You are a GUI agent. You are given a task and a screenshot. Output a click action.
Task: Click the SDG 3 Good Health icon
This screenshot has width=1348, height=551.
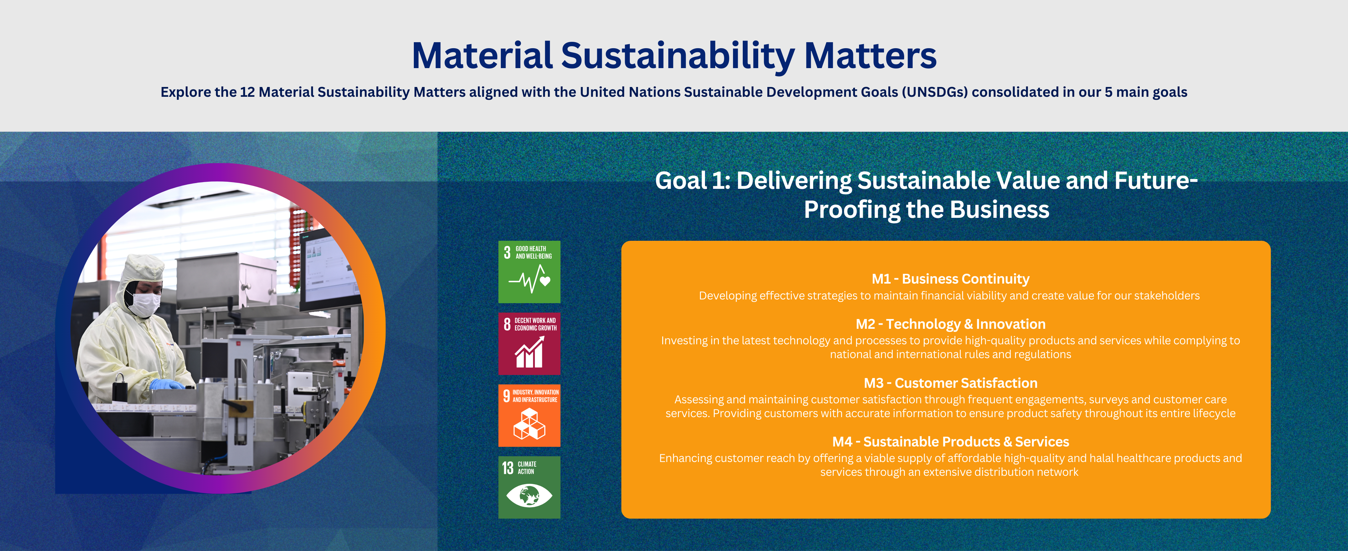529,272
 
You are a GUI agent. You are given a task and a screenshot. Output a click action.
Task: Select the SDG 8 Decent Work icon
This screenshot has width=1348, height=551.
529,344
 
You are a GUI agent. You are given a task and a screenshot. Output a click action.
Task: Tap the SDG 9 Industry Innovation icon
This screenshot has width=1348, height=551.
529,415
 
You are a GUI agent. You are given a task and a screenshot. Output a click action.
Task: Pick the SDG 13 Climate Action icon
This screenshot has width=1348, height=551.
529,487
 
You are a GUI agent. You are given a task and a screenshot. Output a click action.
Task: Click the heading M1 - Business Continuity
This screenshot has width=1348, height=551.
950,279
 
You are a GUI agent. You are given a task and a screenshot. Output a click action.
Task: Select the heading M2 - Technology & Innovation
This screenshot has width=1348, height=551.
950,324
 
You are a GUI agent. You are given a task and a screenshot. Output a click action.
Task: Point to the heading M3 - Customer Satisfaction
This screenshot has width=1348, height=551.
950,383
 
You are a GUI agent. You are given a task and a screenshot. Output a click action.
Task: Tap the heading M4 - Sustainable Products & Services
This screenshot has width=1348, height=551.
950,441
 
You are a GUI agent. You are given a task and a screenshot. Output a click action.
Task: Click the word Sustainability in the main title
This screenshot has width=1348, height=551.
678,57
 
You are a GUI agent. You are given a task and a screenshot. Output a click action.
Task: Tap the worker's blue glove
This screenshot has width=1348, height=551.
166,384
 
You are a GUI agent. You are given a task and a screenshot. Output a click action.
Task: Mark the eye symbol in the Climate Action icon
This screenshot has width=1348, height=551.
529,495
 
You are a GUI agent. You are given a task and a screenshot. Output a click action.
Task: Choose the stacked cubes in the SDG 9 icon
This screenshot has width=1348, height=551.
529,424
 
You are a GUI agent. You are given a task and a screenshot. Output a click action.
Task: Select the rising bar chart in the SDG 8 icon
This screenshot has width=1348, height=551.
529,352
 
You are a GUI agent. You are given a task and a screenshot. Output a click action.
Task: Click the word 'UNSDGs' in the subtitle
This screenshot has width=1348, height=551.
935,92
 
